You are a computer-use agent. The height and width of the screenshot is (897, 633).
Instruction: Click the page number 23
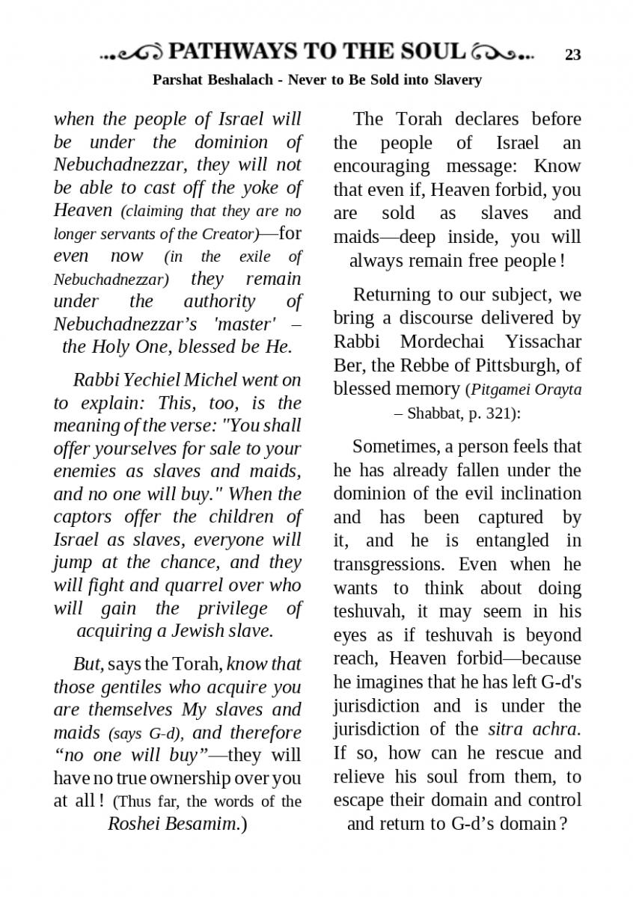pos(572,55)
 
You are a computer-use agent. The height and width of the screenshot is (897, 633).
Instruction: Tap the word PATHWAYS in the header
pos(232,52)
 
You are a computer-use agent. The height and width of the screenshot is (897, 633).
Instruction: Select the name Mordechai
pos(442,342)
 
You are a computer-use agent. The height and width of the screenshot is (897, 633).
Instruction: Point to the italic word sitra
pos(507,729)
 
